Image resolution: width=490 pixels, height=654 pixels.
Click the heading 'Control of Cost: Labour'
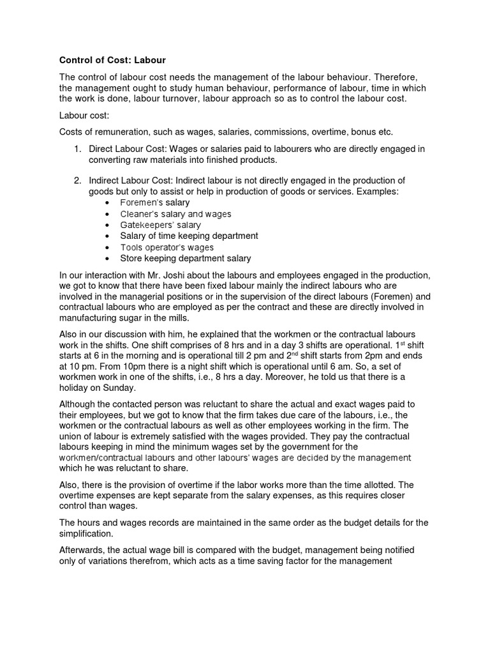[112, 61]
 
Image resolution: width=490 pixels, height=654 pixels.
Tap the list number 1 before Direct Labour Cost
[76, 149]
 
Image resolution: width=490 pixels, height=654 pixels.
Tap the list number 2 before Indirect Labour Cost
[76, 181]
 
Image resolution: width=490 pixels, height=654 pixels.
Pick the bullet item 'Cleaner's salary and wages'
[175, 214]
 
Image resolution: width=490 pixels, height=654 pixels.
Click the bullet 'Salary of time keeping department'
[189, 236]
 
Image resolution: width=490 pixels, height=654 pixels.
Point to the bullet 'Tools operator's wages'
[167, 247]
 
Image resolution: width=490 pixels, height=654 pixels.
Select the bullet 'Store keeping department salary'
[185, 259]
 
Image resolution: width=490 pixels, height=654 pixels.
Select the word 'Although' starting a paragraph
[79, 404]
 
